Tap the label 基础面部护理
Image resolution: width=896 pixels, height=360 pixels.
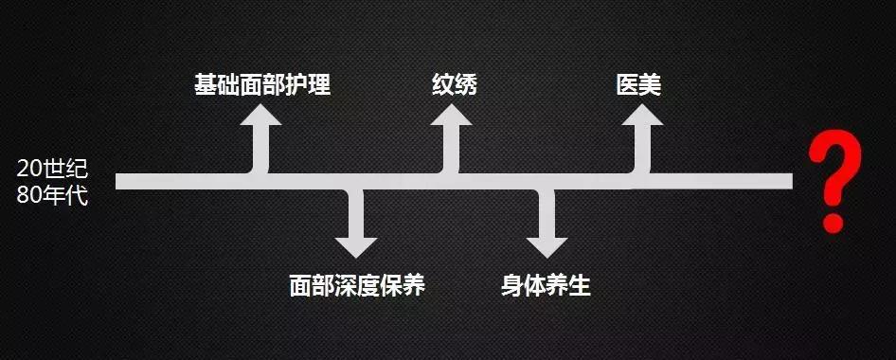(261, 85)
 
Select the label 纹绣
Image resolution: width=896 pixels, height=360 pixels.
(454, 85)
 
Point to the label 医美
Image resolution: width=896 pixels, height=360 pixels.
(637, 85)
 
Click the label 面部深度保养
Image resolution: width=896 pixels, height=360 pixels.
(357, 285)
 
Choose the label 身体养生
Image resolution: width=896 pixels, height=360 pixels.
(546, 285)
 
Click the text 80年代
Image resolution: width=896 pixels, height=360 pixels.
(52, 199)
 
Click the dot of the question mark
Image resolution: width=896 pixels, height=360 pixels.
(833, 224)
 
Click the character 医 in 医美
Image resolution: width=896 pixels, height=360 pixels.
(626, 85)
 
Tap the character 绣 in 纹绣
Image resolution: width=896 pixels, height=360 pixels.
(465, 85)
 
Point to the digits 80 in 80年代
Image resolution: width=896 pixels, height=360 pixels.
(28, 199)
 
